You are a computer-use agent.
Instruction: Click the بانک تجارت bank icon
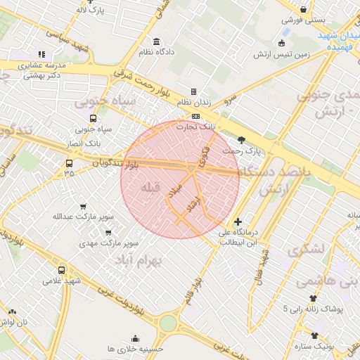195,116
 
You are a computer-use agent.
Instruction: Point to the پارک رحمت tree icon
242,139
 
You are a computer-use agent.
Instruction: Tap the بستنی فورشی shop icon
303,9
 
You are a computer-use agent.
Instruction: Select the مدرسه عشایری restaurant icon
41,54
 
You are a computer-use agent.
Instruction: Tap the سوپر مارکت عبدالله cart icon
84,207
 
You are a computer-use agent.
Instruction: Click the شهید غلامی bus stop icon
62,270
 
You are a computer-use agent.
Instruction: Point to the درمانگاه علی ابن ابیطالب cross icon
238,221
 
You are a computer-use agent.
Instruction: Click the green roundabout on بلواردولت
168,323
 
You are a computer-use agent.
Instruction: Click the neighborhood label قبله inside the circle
151,188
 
